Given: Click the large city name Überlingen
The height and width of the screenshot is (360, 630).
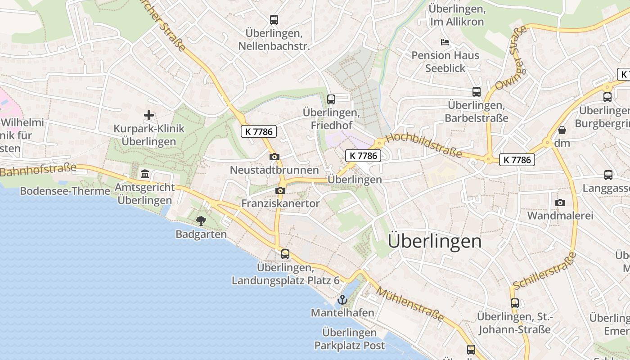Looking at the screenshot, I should tap(434, 241).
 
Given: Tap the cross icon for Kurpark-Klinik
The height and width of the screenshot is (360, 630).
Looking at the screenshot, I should tap(149, 115).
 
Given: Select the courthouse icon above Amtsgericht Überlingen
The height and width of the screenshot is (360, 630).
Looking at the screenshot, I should tap(145, 174).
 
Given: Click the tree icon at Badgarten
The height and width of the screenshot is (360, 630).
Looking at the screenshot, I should tap(201, 220).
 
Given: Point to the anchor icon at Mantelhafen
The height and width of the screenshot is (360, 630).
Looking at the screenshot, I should tap(342, 299).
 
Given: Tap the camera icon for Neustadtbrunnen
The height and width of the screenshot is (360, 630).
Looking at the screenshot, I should tap(274, 157).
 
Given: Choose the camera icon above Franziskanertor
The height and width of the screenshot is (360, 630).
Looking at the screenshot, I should tap(280, 190).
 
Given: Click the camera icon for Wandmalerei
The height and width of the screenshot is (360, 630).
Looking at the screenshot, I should tap(560, 202).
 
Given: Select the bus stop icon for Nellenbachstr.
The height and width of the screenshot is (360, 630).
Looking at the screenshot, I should tap(274, 19).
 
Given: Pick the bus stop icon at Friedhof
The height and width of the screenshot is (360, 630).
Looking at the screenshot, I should tap(331, 99).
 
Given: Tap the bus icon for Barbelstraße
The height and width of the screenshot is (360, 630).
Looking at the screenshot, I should tap(477, 92).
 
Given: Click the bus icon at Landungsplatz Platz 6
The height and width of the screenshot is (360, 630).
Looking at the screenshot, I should tap(285, 254).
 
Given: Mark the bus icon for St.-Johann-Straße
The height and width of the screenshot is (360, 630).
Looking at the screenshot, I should tap(515, 303).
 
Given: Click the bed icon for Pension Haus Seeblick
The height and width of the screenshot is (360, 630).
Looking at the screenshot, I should tap(445, 42).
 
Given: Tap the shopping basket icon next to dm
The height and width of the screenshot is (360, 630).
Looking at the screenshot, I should tap(562, 130).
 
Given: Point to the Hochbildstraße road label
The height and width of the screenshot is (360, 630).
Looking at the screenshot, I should tap(424, 144).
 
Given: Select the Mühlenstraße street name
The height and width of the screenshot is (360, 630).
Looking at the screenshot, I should tap(410, 305).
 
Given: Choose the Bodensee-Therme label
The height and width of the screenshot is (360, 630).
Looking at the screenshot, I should tap(65, 191).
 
